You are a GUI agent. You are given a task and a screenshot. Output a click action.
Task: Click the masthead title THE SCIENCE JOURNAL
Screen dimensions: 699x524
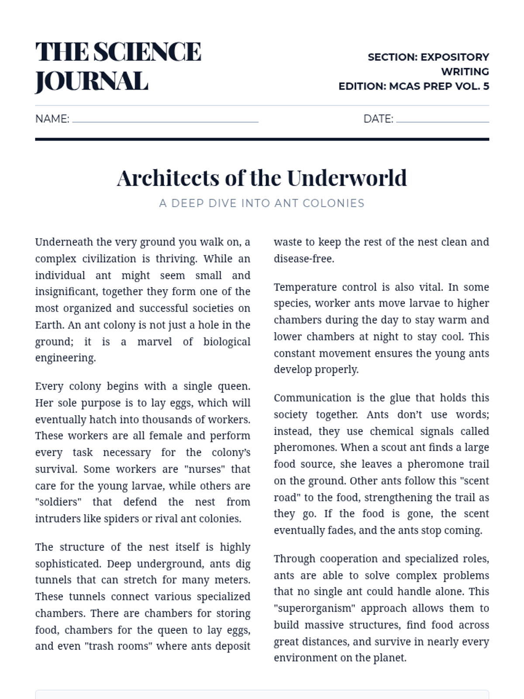pos(118,66)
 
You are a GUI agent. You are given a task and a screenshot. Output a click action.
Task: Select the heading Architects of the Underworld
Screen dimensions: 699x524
pos(262,178)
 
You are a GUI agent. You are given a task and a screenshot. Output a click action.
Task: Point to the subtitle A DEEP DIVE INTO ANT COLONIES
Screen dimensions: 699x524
pos(262,203)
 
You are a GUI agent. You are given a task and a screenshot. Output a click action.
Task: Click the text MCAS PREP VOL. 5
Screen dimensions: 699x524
pos(439,86)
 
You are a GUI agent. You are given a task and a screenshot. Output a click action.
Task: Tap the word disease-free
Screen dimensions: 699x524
pos(304,259)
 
